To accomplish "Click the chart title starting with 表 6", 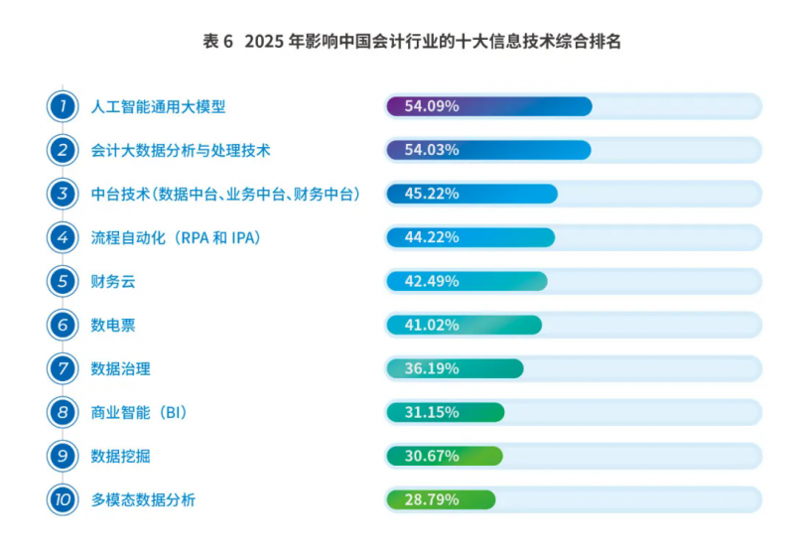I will (x=397, y=41).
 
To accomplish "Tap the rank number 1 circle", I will (x=63, y=106).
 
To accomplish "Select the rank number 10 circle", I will (x=63, y=499).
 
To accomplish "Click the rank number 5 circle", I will (x=63, y=281).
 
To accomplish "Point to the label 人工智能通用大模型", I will (x=159, y=106).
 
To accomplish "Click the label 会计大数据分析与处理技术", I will (x=181, y=150).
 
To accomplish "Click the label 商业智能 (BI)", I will (x=139, y=412).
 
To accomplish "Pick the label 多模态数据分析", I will (x=143, y=499).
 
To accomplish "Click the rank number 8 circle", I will (x=63, y=412).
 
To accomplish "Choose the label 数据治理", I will (x=120, y=368).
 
